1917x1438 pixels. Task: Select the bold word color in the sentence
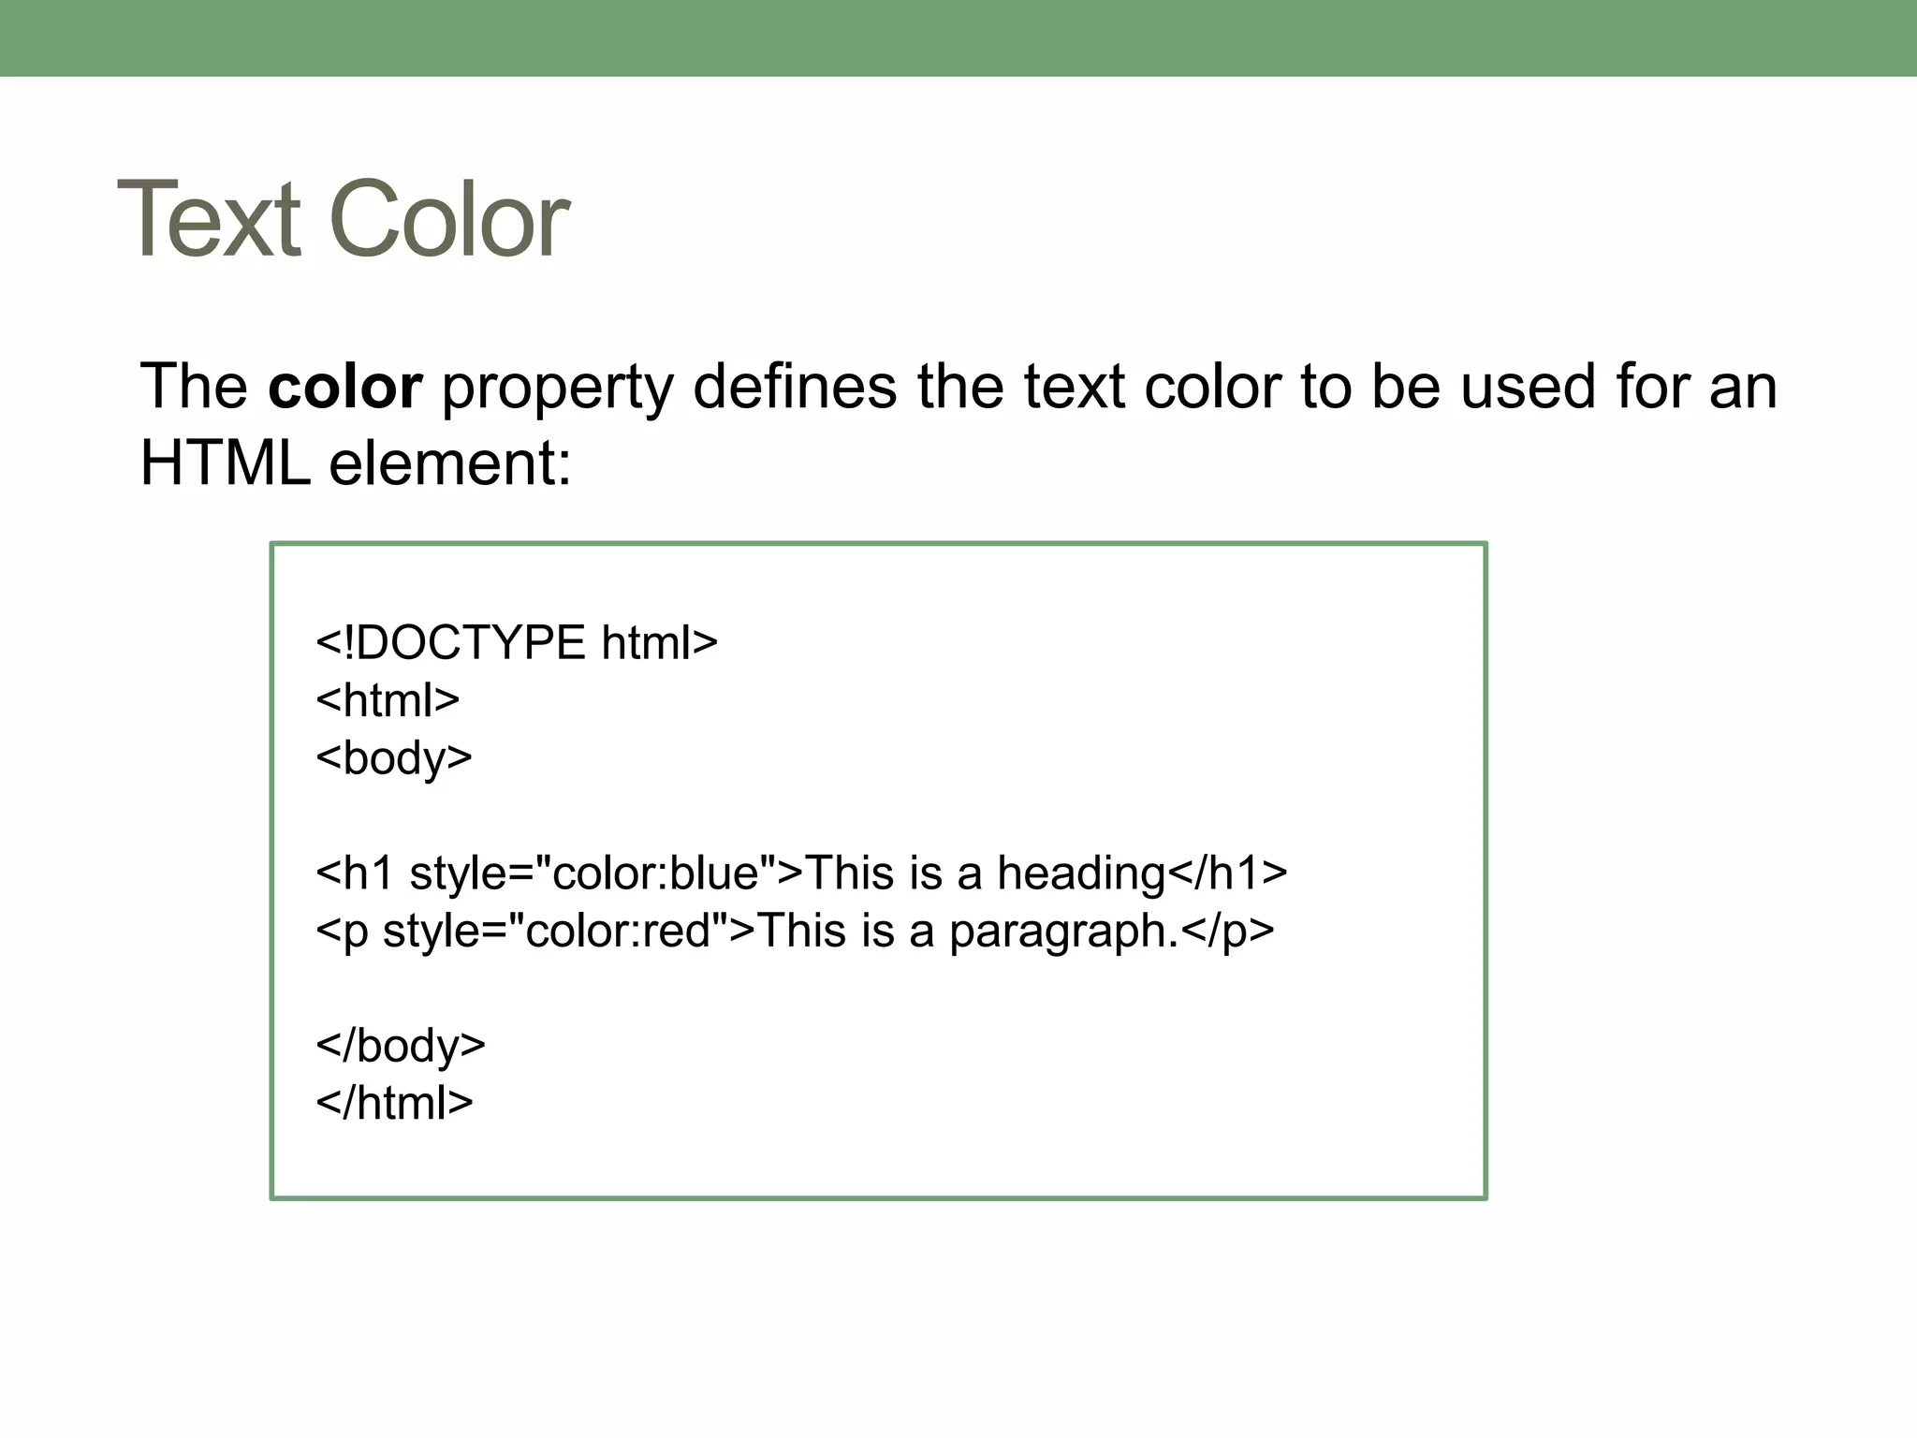pyautogui.click(x=344, y=387)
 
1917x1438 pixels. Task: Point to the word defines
pyautogui.click(x=794, y=387)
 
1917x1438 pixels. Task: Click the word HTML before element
pyautogui.click(x=225, y=462)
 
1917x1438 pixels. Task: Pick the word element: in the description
pyautogui.click(x=449, y=462)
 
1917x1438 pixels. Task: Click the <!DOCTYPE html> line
pyautogui.click(x=517, y=643)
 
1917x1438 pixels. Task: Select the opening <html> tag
pyautogui.click(x=388, y=700)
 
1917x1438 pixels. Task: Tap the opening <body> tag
pyautogui.click(x=394, y=757)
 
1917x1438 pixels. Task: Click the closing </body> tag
pyautogui.click(x=401, y=1046)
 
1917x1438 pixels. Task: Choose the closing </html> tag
pyautogui.click(x=394, y=1103)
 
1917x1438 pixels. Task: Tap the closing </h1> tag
pyautogui.click(x=1227, y=873)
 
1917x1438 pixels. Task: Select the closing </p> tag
pyautogui.click(x=1227, y=931)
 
